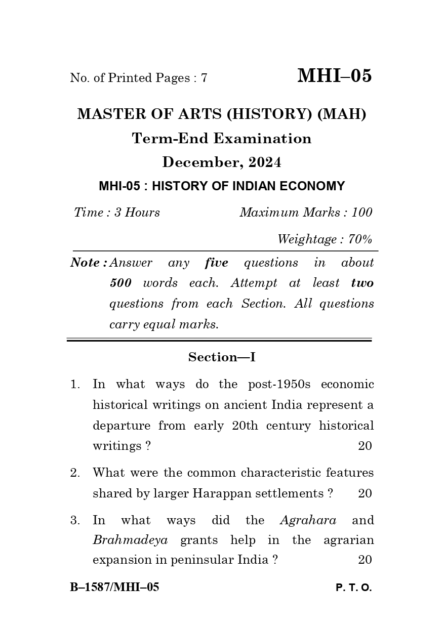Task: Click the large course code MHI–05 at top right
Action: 334,76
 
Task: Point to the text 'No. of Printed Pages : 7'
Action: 139,78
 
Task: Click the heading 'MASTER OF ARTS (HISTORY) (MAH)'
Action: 222,114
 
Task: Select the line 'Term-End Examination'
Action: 222,139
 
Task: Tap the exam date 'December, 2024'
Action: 222,162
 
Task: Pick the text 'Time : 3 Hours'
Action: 117,213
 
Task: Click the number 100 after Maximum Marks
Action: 361,213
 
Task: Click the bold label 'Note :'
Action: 89,263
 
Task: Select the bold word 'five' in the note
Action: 217,263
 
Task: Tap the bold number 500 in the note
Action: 120,283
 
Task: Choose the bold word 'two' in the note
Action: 362,283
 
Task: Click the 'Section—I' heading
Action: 222,357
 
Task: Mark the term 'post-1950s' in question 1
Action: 279,385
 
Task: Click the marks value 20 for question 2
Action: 365,494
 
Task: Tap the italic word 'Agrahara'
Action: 308,521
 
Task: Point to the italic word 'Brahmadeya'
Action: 130,540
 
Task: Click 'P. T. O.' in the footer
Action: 353,588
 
